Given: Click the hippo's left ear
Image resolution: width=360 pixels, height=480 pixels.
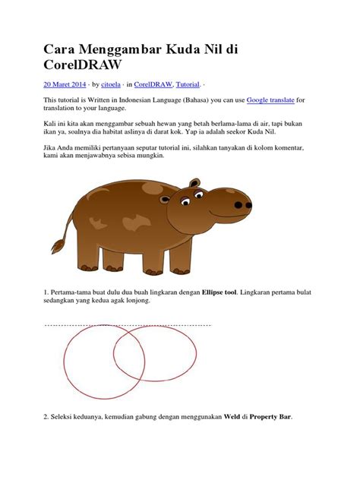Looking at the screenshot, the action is pyautogui.click(x=195, y=185).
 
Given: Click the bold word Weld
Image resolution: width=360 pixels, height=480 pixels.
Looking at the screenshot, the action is pyautogui.click(x=232, y=418).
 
